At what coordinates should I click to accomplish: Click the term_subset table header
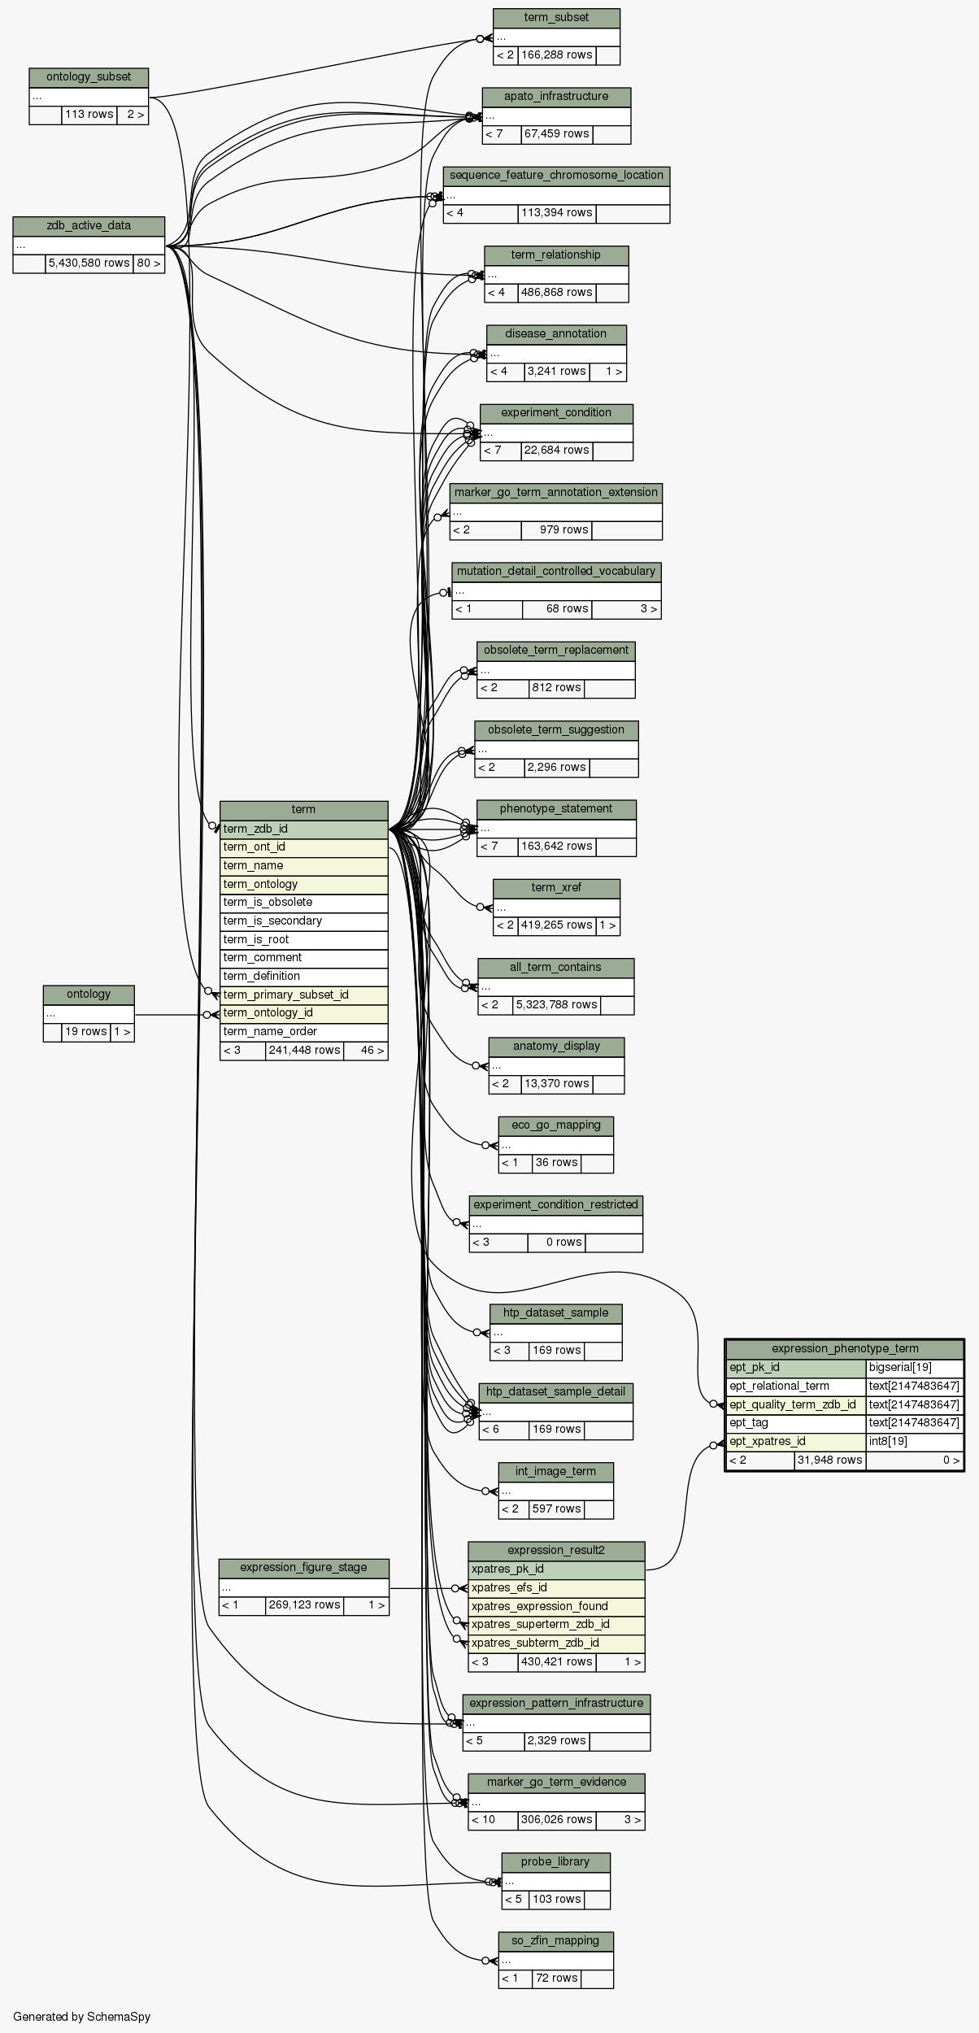(x=556, y=18)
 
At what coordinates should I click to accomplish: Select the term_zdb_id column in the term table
(x=303, y=829)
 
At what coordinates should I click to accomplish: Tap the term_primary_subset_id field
(x=303, y=995)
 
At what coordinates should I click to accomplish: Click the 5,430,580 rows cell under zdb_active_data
(x=89, y=263)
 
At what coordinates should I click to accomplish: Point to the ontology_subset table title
(x=89, y=77)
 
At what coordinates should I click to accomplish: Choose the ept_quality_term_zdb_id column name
(x=794, y=1404)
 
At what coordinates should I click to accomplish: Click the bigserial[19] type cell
(x=914, y=1367)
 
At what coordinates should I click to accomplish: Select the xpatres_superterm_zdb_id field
(x=556, y=1625)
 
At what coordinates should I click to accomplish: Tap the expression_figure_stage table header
(x=303, y=1568)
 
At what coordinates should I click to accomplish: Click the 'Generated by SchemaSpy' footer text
(x=81, y=2017)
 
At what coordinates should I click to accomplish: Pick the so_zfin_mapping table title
(x=555, y=1941)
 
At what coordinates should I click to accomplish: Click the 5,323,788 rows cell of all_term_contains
(x=556, y=1005)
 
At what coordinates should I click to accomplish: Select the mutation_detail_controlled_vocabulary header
(x=556, y=572)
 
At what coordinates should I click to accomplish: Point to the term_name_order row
(x=303, y=1032)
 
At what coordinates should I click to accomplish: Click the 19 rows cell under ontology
(x=85, y=1032)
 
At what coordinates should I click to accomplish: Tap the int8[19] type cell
(x=914, y=1442)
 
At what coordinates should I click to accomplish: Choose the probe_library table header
(x=555, y=1862)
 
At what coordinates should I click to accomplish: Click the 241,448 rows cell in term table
(x=304, y=1051)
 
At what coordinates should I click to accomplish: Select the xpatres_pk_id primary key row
(x=556, y=1569)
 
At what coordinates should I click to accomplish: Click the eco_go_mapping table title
(x=555, y=1125)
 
